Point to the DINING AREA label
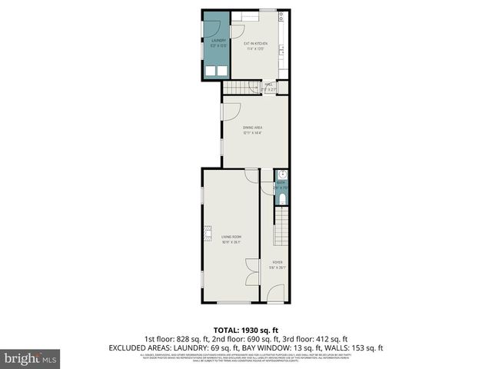pyautogui.click(x=252, y=130)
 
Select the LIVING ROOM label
pyautogui.click(x=231, y=239)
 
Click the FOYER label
pyautogui.click(x=278, y=265)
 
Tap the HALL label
pyautogui.click(x=269, y=87)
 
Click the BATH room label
pyautogui.click(x=281, y=184)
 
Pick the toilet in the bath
pyautogui.click(x=281, y=199)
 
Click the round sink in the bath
pyautogui.click(x=281, y=175)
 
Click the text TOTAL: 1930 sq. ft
pyautogui.click(x=246, y=329)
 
